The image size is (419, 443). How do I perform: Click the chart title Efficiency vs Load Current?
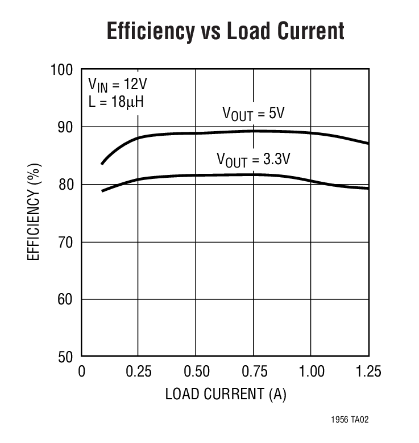(225, 31)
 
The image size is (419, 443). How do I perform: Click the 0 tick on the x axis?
(81, 372)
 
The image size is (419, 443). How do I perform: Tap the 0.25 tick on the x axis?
(139, 372)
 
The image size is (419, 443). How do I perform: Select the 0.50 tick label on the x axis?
(196, 372)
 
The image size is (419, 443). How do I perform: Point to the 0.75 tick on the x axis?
(254, 372)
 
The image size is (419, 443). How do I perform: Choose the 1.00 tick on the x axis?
(311, 372)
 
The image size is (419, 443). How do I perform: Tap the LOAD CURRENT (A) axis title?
(226, 394)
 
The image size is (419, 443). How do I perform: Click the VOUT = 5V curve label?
(253, 114)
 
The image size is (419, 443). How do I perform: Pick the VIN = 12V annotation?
(117, 85)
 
